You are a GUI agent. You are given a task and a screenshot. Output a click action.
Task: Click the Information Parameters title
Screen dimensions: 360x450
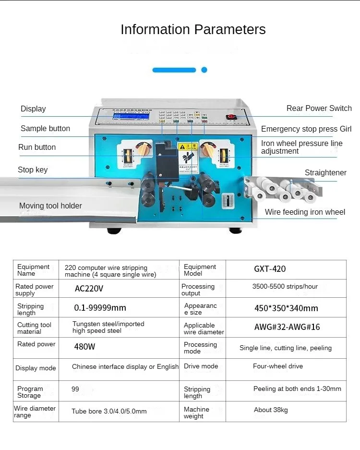pos(193,30)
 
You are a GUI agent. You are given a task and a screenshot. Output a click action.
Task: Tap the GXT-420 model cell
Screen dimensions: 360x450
pos(270,269)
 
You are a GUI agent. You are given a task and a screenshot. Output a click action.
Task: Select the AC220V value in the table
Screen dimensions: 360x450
pos(89,289)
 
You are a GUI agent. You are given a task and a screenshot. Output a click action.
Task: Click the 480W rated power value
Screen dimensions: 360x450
pos(84,346)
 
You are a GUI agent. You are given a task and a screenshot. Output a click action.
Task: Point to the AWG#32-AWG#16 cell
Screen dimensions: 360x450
pos(287,327)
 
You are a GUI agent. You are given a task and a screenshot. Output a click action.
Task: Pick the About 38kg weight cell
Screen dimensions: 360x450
pos(271,410)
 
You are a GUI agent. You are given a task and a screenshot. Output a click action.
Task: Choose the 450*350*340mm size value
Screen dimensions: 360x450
pos(286,308)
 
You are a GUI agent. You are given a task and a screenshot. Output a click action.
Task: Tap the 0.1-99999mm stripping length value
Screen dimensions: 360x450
pos(100,307)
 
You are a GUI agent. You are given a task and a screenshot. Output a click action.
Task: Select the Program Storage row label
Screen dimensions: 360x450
pos(30,392)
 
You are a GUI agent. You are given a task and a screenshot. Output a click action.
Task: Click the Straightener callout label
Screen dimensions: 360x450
pos(325,173)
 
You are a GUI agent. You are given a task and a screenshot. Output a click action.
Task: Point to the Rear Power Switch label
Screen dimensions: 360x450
pos(319,109)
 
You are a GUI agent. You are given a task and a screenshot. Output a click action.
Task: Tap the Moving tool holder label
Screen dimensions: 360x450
pos(50,206)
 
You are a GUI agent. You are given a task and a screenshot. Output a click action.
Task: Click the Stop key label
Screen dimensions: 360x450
pos(33,170)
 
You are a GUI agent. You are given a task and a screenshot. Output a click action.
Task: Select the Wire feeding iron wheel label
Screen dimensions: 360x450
pos(305,212)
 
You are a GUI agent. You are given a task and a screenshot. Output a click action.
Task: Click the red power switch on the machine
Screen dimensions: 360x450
pos(231,117)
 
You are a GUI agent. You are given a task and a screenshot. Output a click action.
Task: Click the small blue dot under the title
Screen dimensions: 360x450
pos(204,70)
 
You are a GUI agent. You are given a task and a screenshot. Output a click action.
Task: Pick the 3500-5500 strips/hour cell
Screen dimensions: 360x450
pos(285,287)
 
